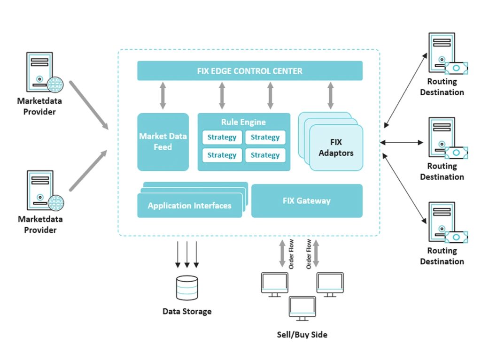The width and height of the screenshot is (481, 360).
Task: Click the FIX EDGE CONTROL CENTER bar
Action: click(x=249, y=71)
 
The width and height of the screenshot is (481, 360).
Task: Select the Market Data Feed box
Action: click(x=163, y=142)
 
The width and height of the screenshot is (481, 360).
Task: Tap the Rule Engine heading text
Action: click(x=243, y=122)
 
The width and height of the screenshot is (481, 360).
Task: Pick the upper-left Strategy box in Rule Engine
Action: click(x=222, y=138)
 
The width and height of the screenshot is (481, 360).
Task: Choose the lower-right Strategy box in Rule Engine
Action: click(x=265, y=155)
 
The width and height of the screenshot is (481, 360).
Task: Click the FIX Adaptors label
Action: click(x=336, y=147)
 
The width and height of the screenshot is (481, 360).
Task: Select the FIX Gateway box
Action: click(x=306, y=201)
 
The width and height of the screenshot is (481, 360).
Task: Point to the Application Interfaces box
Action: click(x=189, y=206)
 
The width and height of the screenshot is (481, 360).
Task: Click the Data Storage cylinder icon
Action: click(x=187, y=288)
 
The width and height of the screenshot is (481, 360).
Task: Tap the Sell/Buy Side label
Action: click(x=302, y=335)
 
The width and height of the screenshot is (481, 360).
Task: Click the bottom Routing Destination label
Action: click(x=442, y=256)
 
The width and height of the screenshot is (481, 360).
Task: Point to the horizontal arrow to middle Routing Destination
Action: click(x=402, y=142)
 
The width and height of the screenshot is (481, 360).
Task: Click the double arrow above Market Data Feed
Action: click(x=163, y=96)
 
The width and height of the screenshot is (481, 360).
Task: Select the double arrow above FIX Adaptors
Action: click(x=330, y=96)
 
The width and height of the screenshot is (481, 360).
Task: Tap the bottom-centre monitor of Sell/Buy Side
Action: click(x=302, y=308)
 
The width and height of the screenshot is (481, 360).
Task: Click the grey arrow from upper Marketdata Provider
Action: click(x=89, y=105)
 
